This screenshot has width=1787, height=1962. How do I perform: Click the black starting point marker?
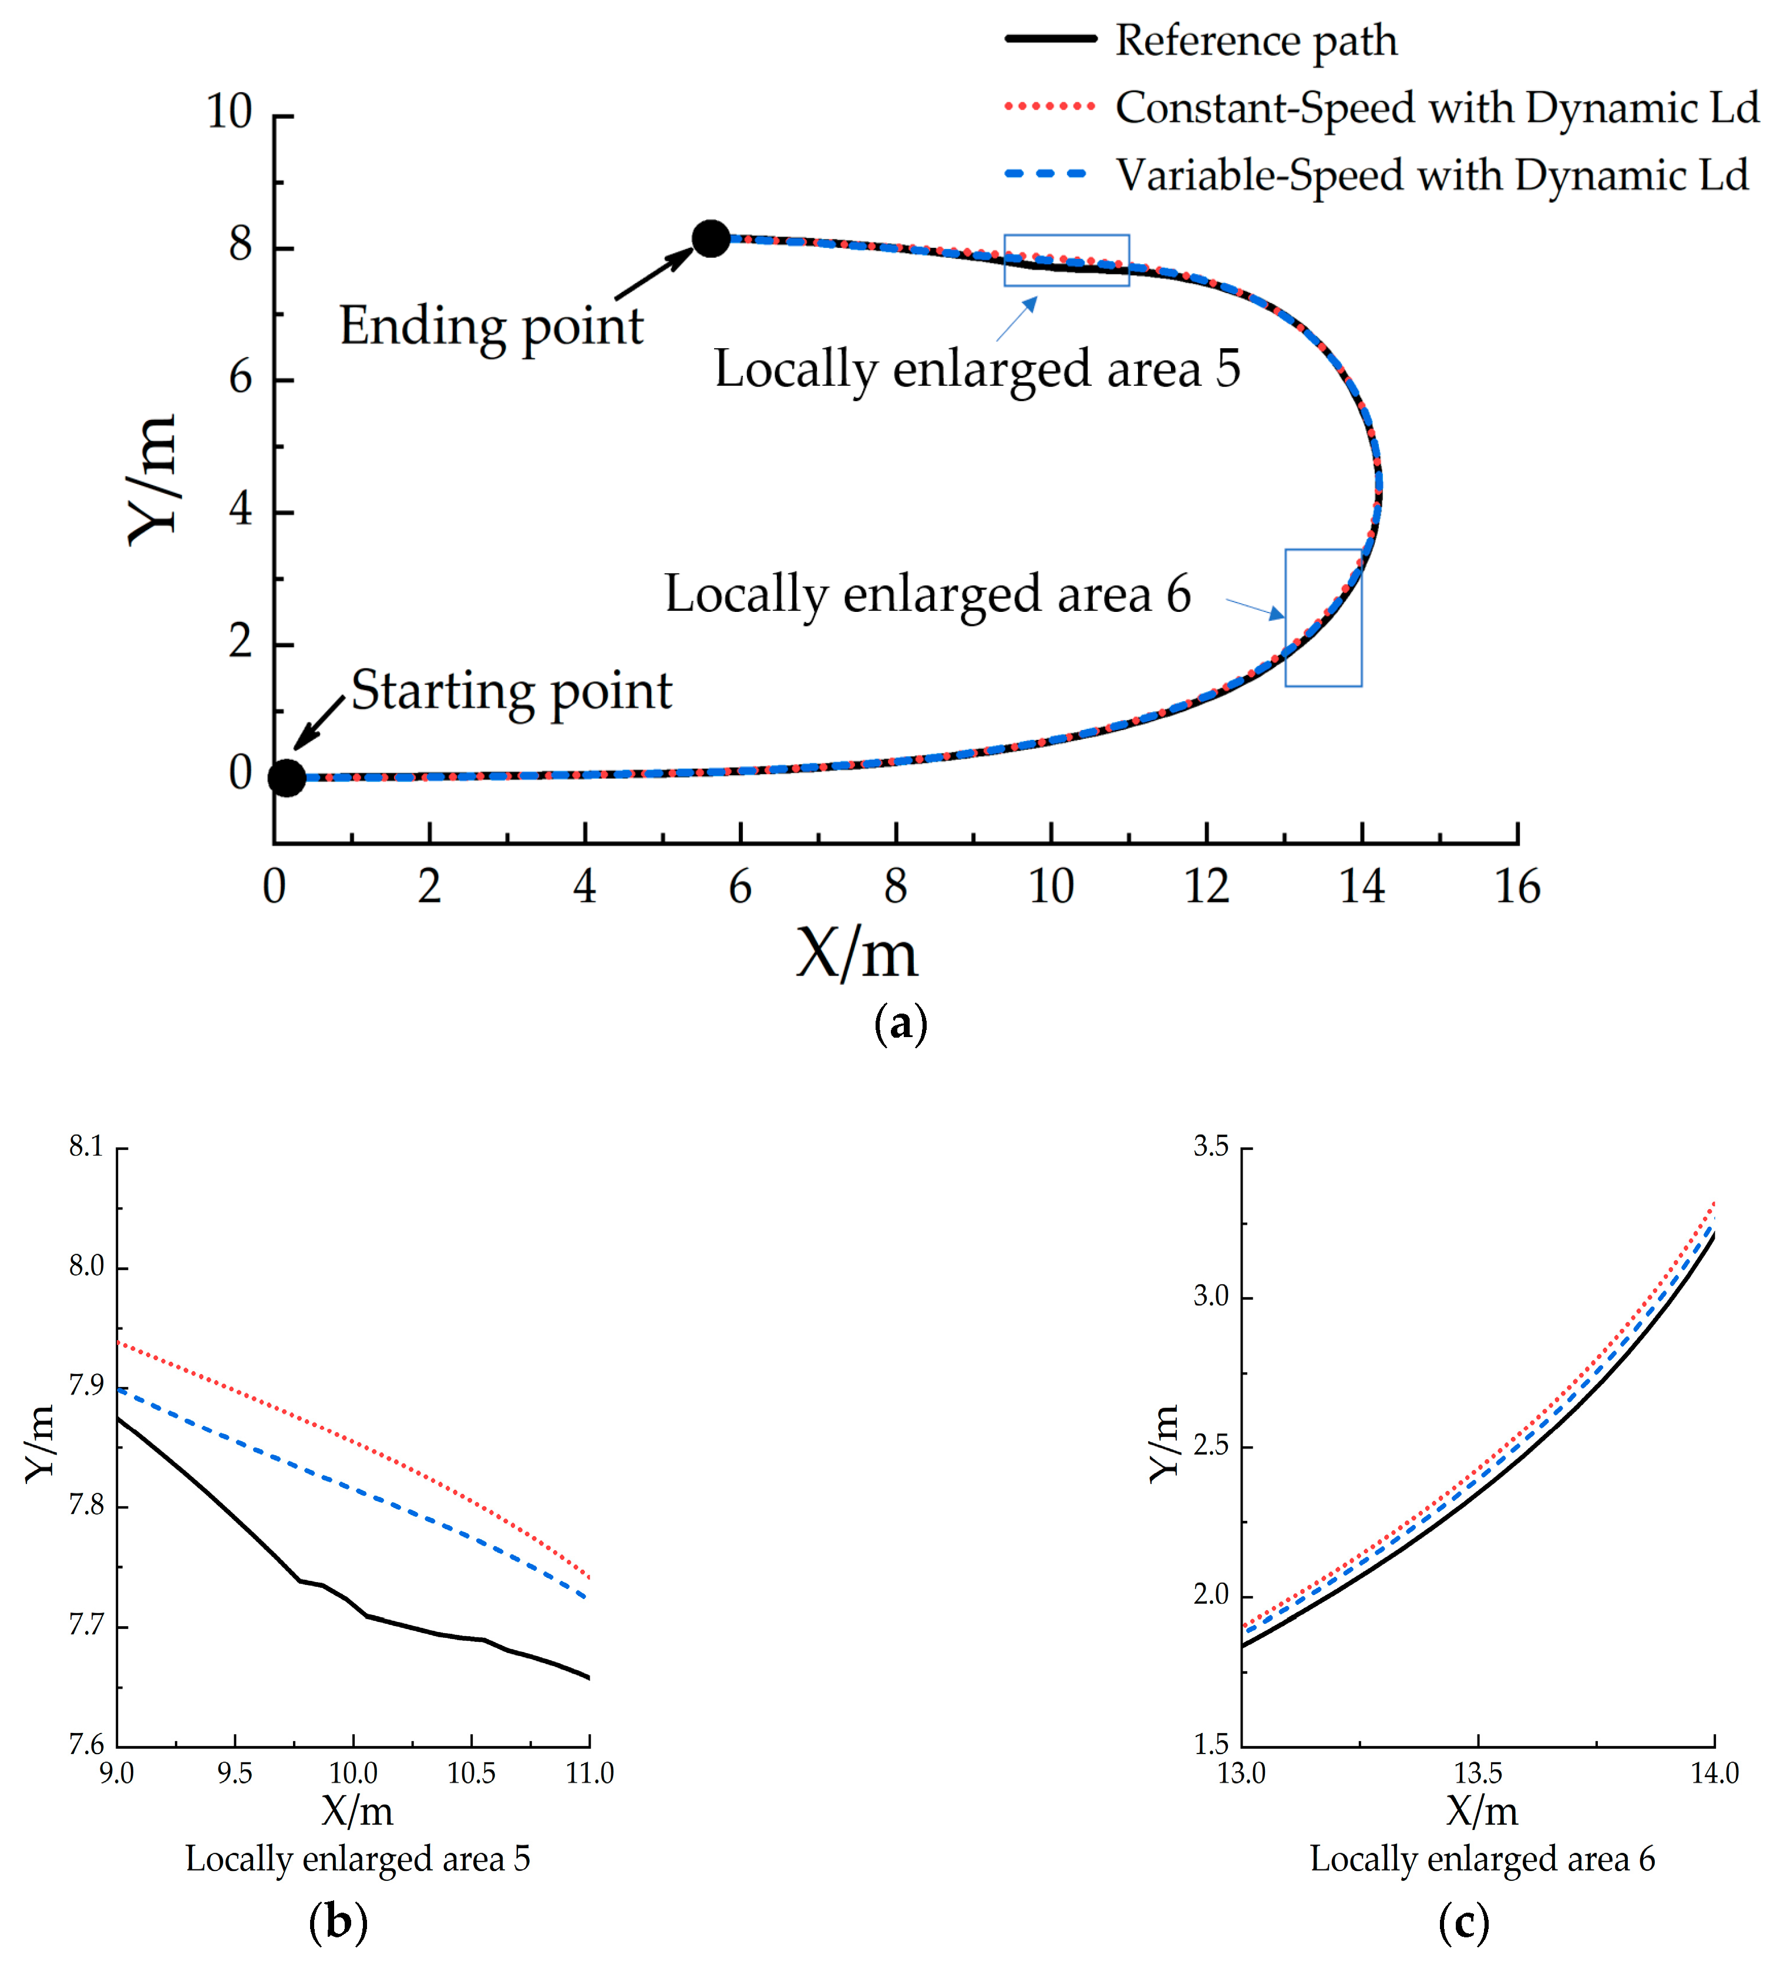pos(286,778)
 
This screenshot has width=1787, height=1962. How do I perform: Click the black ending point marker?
pos(711,238)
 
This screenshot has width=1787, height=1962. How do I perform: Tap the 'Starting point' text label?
pos(511,691)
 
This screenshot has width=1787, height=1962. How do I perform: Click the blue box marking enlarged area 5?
pos(1067,260)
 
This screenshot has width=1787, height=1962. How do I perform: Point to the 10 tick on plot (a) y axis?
pos(230,112)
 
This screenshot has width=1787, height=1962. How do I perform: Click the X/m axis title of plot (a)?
pos(857,954)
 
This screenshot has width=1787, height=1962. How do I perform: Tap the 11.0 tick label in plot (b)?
pos(590,1773)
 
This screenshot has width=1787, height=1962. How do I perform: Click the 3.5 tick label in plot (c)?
pos(1211,1146)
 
